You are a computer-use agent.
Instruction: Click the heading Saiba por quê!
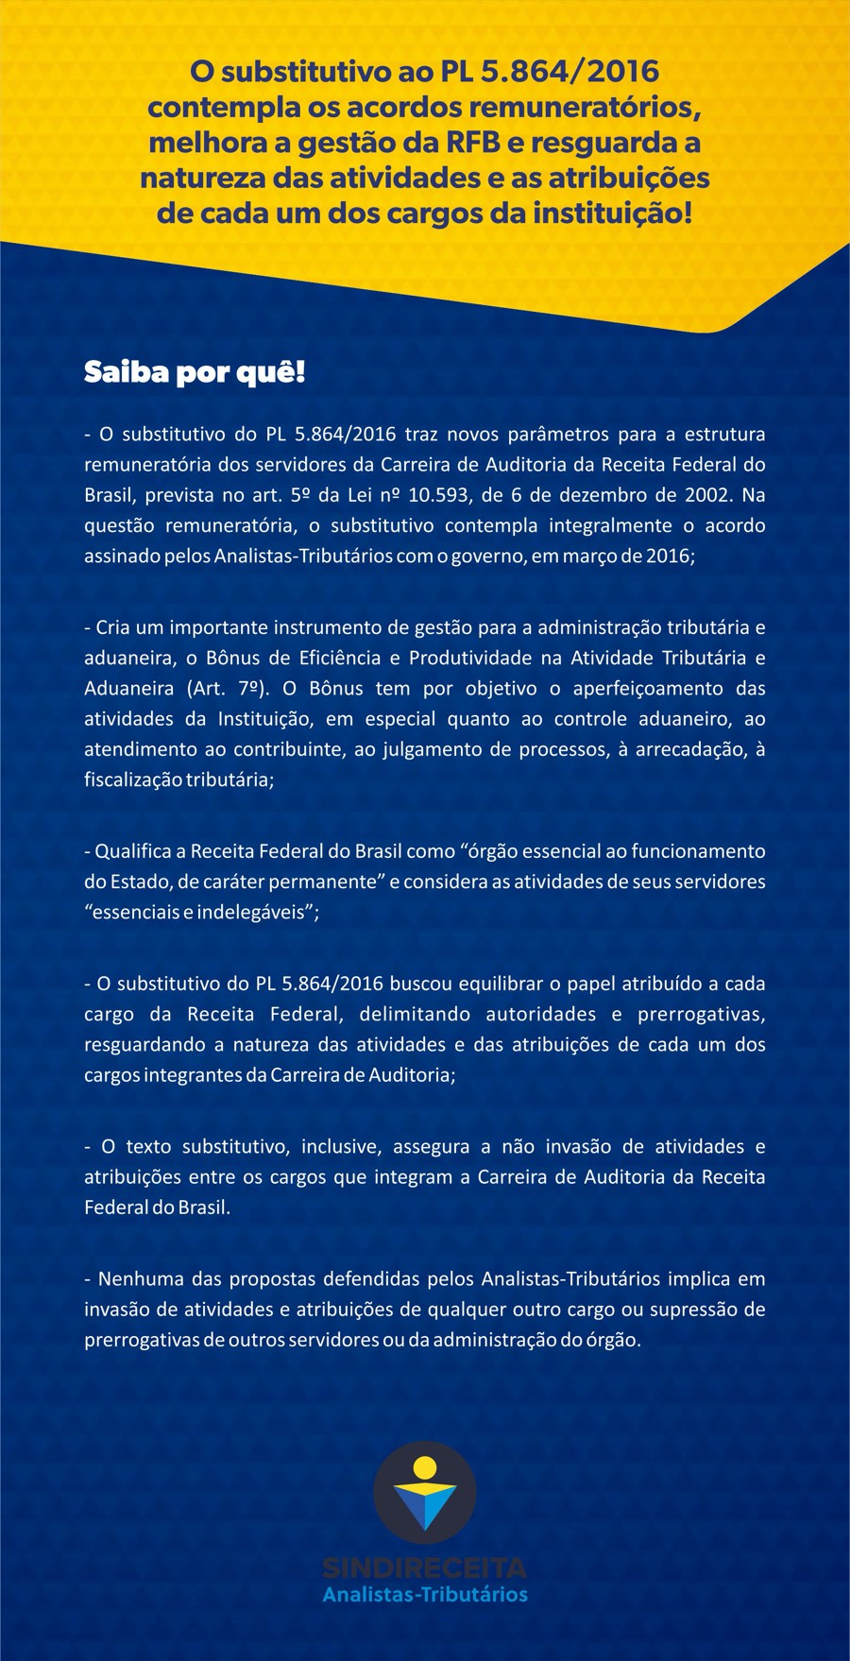click(x=195, y=372)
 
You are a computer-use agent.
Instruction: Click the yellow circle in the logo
click(x=425, y=1467)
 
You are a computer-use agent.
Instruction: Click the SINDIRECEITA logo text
click(x=425, y=1568)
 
